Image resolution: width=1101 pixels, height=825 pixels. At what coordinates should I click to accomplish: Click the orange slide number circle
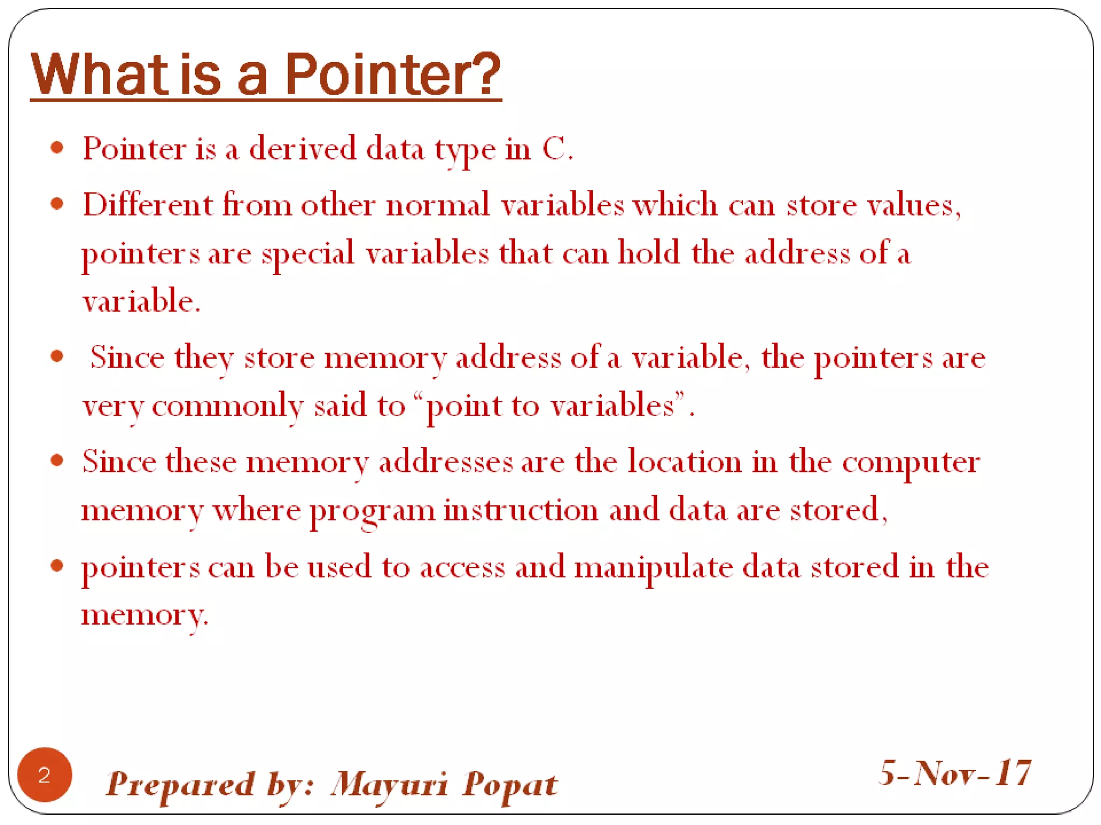coord(45,775)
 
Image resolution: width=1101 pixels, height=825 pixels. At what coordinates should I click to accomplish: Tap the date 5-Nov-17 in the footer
coord(955,773)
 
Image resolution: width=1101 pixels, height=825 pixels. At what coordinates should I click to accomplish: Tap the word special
coord(308,254)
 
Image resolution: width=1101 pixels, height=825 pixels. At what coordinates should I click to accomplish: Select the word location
coord(684,461)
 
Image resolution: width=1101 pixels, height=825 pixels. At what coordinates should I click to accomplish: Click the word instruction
coord(520,510)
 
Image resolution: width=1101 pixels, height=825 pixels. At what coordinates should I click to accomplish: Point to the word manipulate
coord(653,567)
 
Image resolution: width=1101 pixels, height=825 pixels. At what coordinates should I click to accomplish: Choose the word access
coord(462,567)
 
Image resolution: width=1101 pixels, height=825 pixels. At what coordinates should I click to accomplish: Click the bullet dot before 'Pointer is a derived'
coord(57,148)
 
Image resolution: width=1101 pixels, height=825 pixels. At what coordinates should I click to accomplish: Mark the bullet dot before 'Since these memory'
coord(57,460)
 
